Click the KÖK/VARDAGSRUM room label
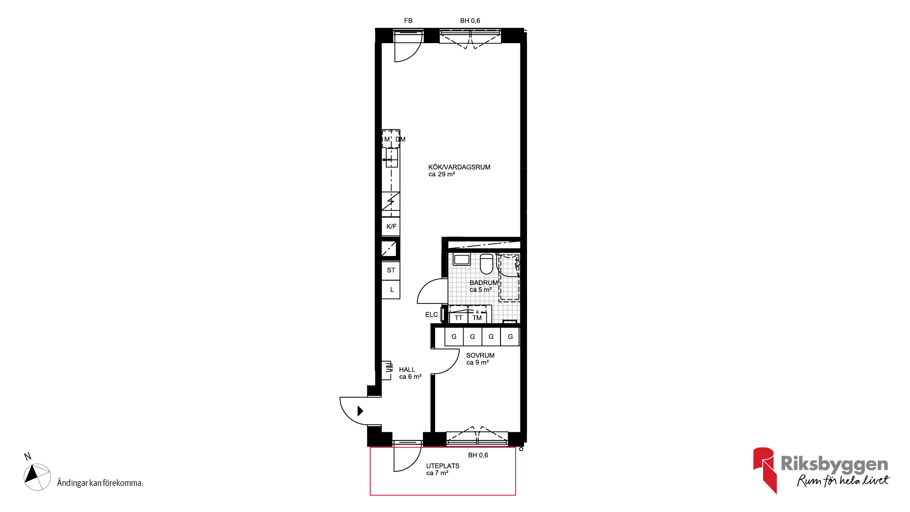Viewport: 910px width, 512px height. (459, 167)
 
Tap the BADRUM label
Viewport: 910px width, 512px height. (483, 283)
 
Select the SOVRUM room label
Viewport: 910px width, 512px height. (480, 356)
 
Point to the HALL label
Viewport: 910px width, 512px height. (407, 370)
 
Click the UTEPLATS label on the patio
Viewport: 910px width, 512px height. (443, 466)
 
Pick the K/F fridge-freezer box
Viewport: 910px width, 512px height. (391, 227)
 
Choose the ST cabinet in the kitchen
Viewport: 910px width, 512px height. (391, 271)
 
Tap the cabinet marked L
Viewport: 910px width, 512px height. (391, 289)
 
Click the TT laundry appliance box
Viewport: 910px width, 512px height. (458, 318)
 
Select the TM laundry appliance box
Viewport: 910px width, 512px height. (477, 318)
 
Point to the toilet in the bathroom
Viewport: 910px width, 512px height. (486, 264)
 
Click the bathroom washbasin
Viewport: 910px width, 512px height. (462, 259)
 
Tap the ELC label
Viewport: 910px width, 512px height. (431, 315)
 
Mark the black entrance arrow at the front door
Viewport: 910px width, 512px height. (360, 411)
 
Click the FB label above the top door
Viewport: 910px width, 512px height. (408, 21)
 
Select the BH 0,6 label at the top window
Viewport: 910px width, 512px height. (470, 21)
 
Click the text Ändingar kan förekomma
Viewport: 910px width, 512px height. (100, 483)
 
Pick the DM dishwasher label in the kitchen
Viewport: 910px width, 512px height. (400, 139)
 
